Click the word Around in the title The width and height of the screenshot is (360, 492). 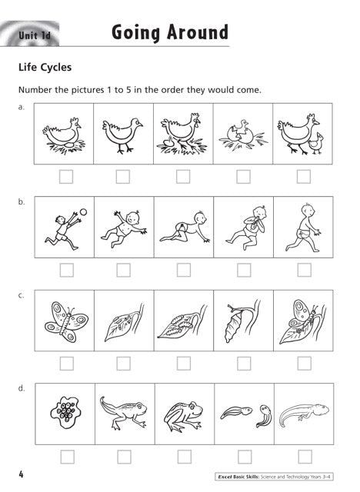coord(195,33)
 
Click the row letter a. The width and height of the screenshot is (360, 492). coord(22,108)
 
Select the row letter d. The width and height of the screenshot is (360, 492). coord(22,389)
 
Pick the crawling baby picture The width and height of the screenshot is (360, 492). coord(183,228)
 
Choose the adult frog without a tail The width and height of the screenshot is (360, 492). coord(182,415)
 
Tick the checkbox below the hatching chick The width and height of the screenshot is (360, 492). coord(243,177)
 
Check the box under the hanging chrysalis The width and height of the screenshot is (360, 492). coord(243,363)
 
